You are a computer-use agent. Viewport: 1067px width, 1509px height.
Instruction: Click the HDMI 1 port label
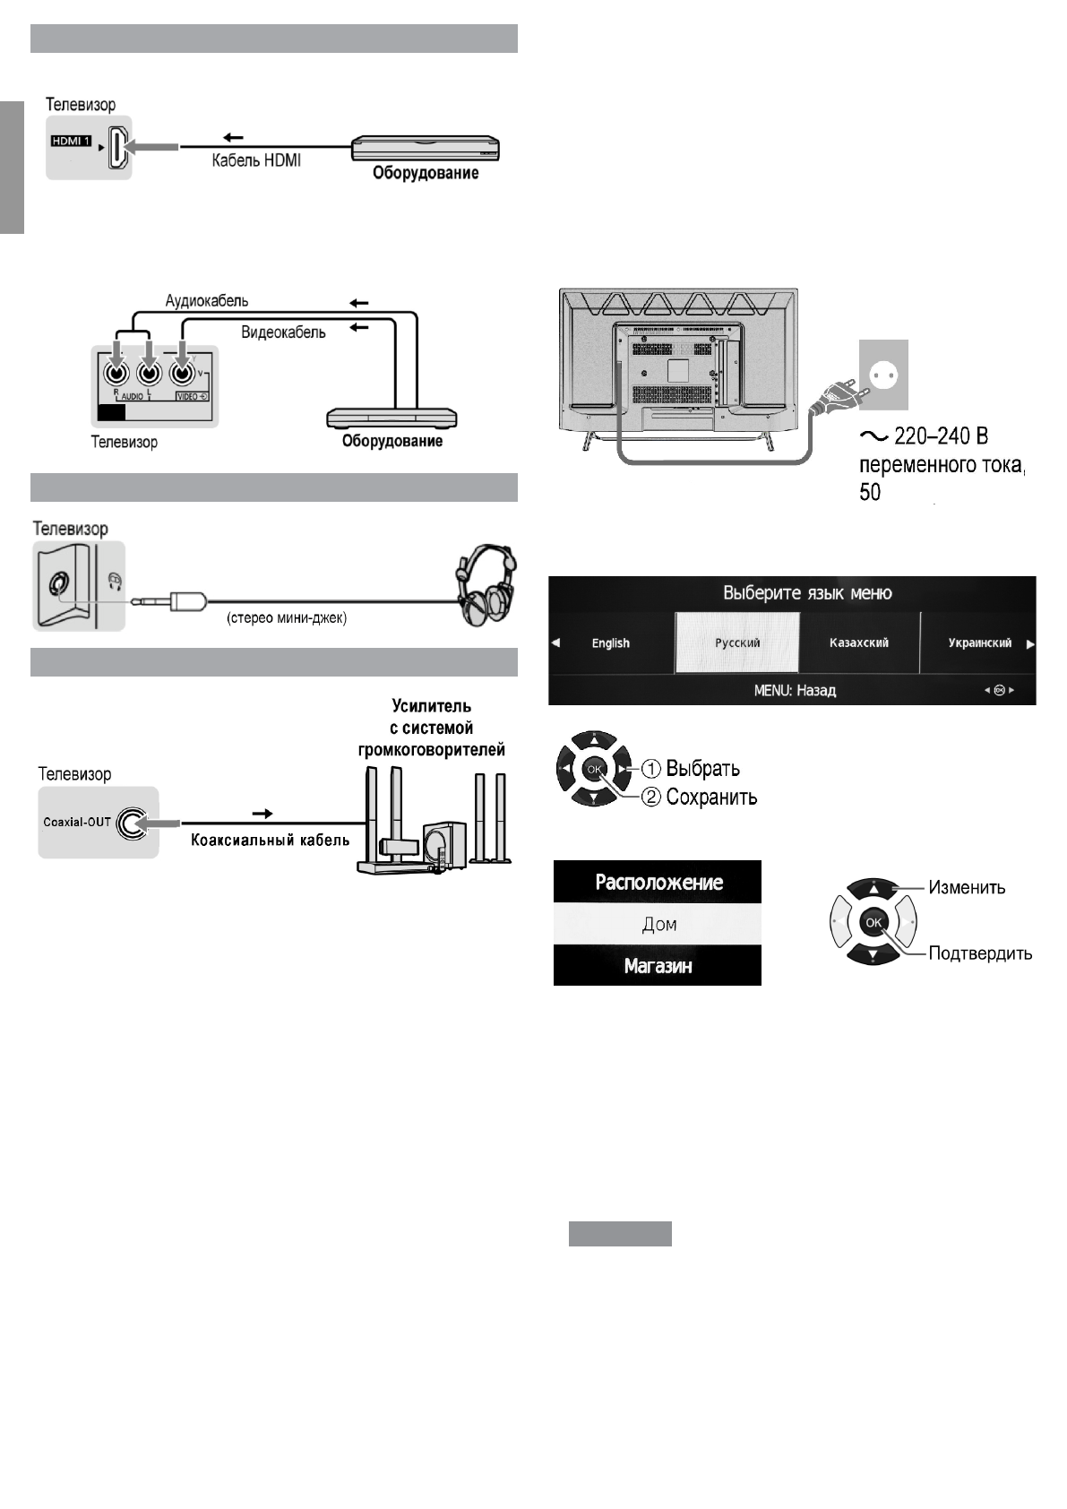click(71, 142)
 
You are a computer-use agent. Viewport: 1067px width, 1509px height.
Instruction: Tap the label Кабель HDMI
click(256, 161)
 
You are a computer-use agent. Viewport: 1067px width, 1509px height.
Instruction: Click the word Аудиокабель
click(207, 301)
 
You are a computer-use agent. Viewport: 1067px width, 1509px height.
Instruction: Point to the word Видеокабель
click(283, 332)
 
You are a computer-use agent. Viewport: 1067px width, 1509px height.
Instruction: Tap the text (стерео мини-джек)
click(286, 618)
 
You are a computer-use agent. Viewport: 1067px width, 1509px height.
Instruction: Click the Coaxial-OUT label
click(77, 822)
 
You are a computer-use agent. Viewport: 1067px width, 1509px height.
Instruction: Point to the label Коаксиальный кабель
click(270, 841)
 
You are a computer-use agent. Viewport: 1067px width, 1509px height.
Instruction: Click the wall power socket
click(883, 374)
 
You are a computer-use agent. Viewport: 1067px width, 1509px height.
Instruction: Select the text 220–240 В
click(940, 437)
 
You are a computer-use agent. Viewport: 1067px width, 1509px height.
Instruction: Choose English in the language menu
click(611, 643)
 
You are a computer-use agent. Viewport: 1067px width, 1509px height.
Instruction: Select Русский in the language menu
click(737, 643)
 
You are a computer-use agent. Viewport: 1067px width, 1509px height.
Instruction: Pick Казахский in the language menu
click(859, 643)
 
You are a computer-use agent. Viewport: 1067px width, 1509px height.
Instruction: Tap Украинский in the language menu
click(979, 643)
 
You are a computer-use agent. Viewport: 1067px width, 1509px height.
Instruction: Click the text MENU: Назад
click(795, 691)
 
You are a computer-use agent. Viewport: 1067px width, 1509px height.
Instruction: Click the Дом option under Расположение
click(658, 925)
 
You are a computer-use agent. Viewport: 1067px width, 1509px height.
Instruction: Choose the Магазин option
click(658, 967)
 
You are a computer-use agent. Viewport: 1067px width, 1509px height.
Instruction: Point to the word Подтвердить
click(980, 953)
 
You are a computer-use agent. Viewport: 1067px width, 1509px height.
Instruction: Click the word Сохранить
click(711, 798)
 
